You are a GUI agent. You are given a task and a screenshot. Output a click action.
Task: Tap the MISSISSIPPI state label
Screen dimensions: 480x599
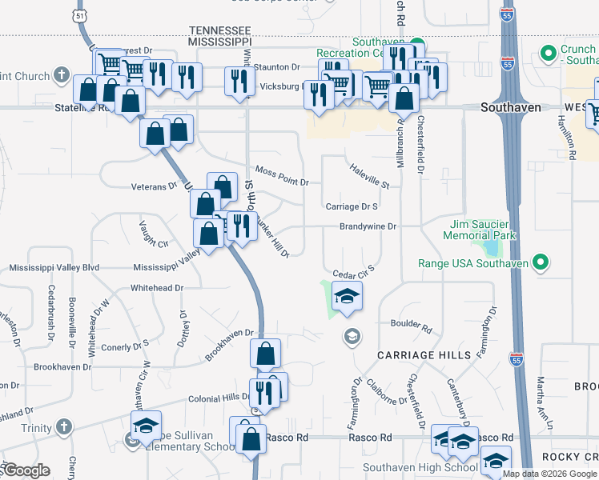coord(220,39)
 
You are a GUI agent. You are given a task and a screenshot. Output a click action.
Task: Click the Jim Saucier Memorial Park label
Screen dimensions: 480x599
coord(480,230)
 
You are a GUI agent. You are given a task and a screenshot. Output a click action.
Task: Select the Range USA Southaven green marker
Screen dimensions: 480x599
coord(541,262)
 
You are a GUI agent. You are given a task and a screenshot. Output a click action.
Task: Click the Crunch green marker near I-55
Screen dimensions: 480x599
coord(549,54)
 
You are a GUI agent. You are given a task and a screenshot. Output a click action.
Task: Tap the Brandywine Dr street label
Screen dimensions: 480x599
coord(368,226)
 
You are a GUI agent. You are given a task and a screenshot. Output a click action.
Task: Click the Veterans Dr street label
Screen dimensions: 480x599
coord(154,186)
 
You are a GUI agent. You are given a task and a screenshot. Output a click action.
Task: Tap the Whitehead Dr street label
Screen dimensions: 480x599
coord(157,287)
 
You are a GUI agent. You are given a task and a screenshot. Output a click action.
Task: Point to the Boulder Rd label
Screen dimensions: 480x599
coord(411,327)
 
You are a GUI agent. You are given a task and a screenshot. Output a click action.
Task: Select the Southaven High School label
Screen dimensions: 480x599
coord(408,467)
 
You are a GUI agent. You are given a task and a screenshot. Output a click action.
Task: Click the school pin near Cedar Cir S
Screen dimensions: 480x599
coord(347,297)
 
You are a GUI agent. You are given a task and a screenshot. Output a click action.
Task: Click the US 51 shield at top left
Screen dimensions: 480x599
coord(77,15)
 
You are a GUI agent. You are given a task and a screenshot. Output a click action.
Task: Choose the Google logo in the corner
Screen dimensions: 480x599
coord(26,471)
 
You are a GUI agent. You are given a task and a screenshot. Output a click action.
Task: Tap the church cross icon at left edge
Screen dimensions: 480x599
coord(62,77)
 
